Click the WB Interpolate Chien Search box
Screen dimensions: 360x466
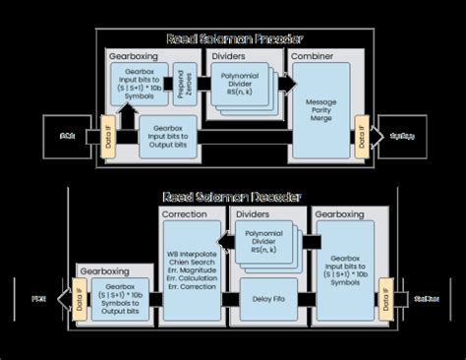193,265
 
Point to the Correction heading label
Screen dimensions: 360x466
186,212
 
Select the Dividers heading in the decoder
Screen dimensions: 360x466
253,212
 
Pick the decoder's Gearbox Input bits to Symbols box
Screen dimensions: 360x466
344,265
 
